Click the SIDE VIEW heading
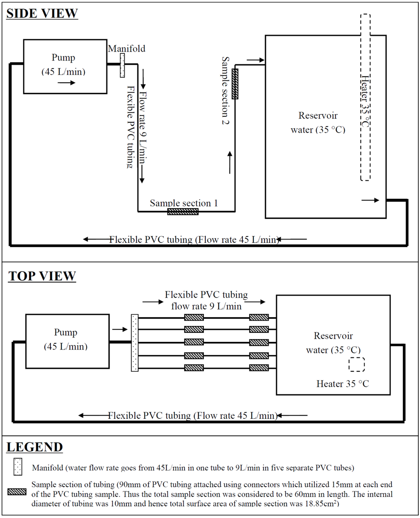click(x=42, y=14)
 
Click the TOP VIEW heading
click(x=42, y=276)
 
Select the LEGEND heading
click(x=35, y=447)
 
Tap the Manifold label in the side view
click(x=127, y=49)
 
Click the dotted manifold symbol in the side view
click(x=122, y=64)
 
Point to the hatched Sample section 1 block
click(x=183, y=211)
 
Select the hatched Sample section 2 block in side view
click(x=235, y=84)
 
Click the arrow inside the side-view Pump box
click(x=66, y=83)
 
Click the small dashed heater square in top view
click(x=357, y=364)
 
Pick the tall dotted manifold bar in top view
click(x=135, y=343)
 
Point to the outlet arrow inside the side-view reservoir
click(x=370, y=200)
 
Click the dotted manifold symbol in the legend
click(x=18, y=467)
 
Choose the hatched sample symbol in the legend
click(x=17, y=492)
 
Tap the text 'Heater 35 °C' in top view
click(x=342, y=384)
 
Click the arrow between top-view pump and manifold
click(x=120, y=329)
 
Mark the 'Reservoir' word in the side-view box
click(x=318, y=116)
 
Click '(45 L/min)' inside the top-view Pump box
click(x=66, y=347)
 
